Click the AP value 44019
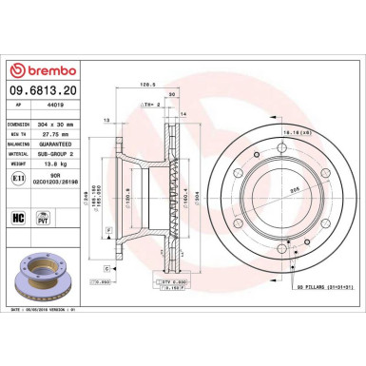pyautogui.click(x=70, y=110)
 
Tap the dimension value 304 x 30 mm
pyautogui.click(x=77, y=125)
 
